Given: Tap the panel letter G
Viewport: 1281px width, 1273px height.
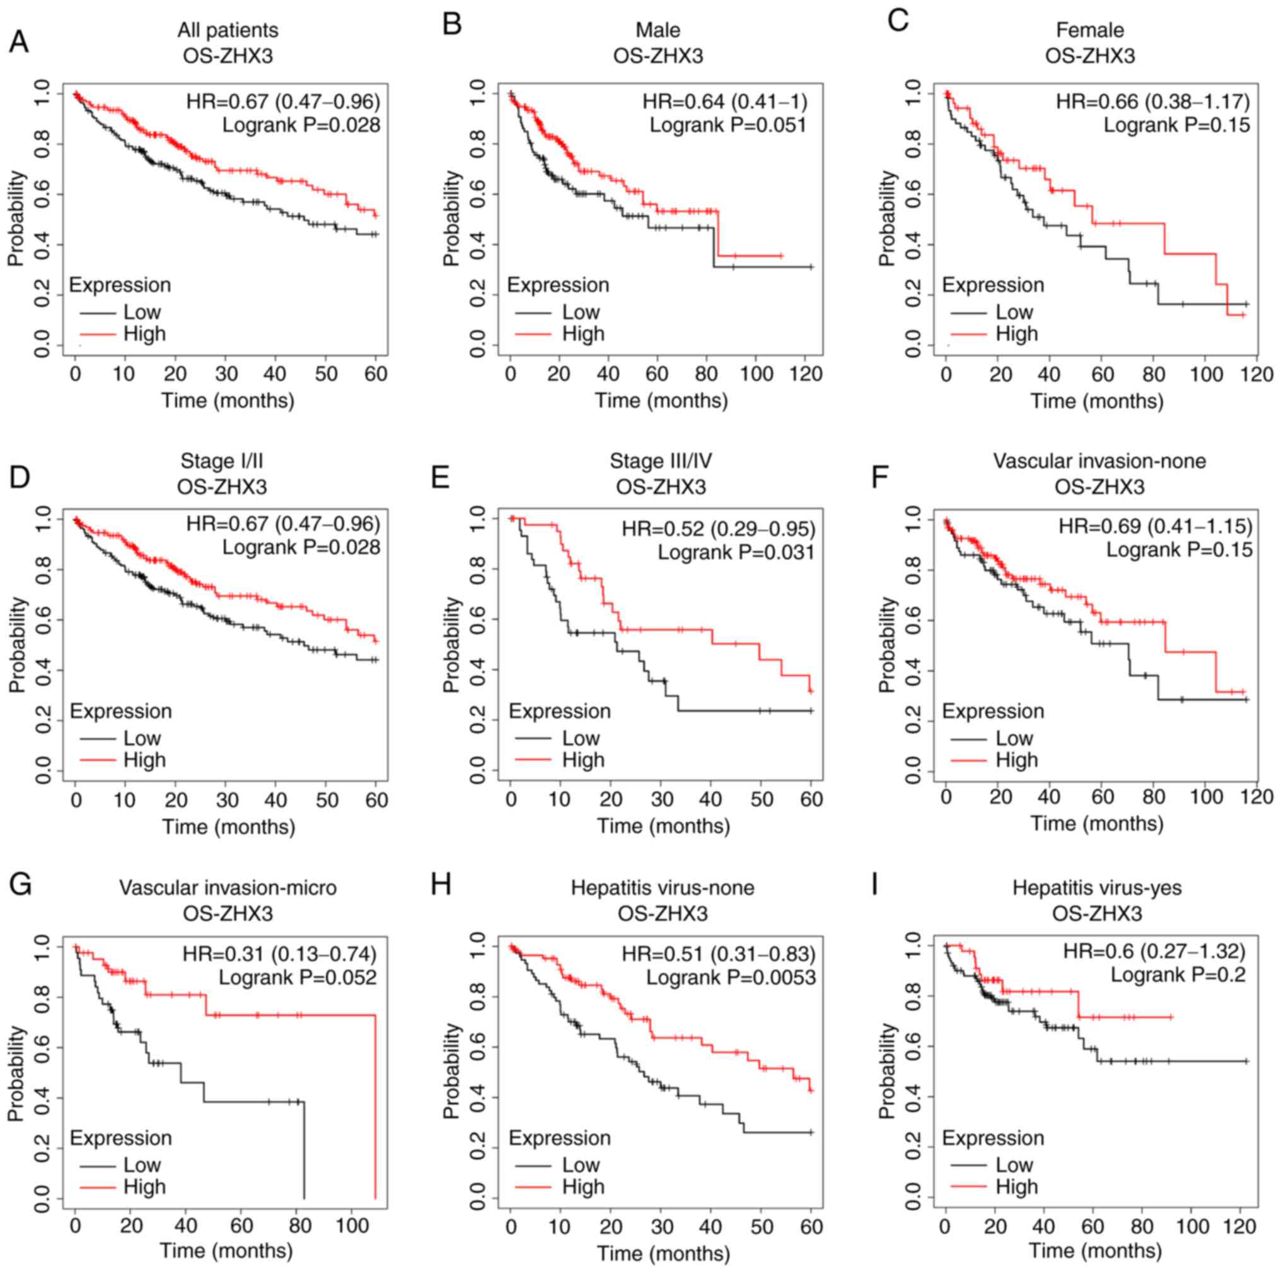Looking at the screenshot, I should coord(20,885).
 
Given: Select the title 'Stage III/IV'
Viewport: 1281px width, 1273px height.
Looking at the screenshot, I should coord(661,461).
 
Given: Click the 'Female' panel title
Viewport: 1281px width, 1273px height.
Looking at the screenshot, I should coord(1089,30).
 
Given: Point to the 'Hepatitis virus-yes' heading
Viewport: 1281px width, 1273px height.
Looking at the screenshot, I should coord(1097,888).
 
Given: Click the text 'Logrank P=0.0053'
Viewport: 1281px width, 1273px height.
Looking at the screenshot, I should coord(731,977).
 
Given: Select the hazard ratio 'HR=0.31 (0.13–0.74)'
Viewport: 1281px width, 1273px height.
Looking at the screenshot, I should coord(279,954).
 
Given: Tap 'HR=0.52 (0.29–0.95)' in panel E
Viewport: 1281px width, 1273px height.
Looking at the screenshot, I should coord(718,529).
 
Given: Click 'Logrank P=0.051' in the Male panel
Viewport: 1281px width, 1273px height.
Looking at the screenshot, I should coord(727,125).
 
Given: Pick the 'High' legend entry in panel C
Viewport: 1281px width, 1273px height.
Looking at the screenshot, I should coord(1016,334).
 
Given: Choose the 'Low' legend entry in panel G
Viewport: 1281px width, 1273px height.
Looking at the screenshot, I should coord(142,1165).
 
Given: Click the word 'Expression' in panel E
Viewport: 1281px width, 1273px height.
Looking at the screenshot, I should coord(559,711).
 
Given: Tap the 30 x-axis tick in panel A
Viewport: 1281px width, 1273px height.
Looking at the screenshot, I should coord(226,374).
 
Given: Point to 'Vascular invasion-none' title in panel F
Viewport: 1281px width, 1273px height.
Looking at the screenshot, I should coord(1099,461).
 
